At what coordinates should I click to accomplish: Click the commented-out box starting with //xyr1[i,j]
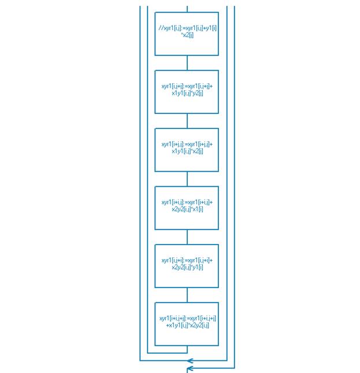(187, 34)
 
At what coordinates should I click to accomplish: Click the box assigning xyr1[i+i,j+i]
(187, 324)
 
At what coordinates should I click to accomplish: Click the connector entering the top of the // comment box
(187, 9)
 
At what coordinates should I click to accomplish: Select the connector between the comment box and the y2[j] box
(187, 62)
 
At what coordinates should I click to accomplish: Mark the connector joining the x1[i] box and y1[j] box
(187, 237)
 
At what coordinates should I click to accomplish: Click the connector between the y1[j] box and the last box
(187, 295)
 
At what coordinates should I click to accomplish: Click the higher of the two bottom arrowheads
(190, 361)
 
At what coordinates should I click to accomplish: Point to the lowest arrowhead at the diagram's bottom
(190, 368)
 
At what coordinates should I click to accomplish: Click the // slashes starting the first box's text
(161, 28)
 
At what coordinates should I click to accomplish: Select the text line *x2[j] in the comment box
(187, 35)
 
